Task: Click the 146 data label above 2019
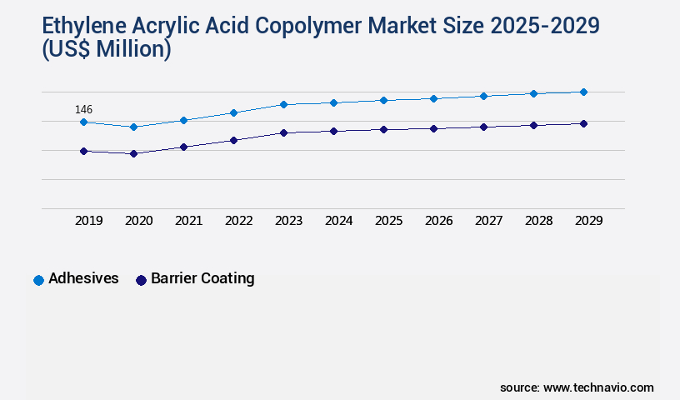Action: (x=83, y=109)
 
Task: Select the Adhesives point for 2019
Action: (x=83, y=122)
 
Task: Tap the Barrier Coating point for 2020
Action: (x=133, y=153)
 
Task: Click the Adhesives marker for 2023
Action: (x=283, y=104)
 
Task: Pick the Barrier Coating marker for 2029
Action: (x=583, y=123)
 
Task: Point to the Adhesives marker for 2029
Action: (x=583, y=92)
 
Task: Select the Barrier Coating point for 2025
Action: (x=383, y=129)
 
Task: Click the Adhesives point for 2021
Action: (x=183, y=120)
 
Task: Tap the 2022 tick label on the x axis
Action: (x=238, y=221)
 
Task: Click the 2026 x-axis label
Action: (x=438, y=221)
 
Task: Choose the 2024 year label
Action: (x=338, y=221)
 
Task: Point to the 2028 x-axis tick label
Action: (x=538, y=221)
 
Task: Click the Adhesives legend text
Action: (x=83, y=278)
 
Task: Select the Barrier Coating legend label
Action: (x=202, y=278)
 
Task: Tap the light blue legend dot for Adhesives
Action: (x=38, y=280)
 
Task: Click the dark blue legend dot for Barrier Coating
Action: (x=141, y=280)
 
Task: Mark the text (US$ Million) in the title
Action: (x=106, y=49)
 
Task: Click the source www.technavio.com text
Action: (x=577, y=387)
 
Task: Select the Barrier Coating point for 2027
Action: (x=483, y=127)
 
